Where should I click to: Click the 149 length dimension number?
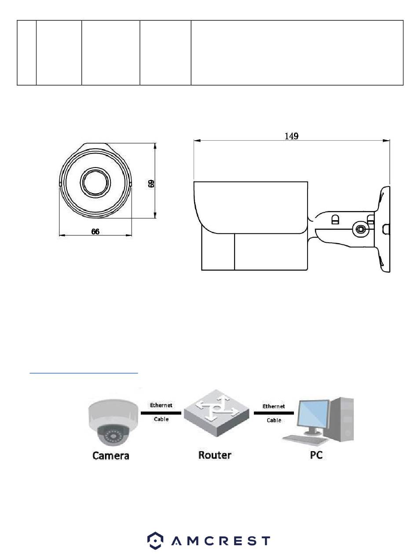(x=291, y=136)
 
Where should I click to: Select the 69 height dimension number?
(x=151, y=183)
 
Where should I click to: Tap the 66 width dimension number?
(x=95, y=231)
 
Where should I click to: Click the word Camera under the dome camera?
(x=110, y=456)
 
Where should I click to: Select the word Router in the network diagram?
(x=214, y=455)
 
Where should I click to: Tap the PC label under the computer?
(x=316, y=455)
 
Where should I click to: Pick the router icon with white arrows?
(x=216, y=413)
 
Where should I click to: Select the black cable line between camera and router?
(x=161, y=413)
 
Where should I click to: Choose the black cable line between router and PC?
(x=274, y=413)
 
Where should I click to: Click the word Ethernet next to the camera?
(x=161, y=405)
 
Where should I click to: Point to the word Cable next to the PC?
(x=274, y=420)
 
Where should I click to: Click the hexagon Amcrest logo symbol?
(x=155, y=540)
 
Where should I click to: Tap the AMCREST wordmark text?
(x=220, y=541)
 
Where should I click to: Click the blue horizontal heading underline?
(x=84, y=373)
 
